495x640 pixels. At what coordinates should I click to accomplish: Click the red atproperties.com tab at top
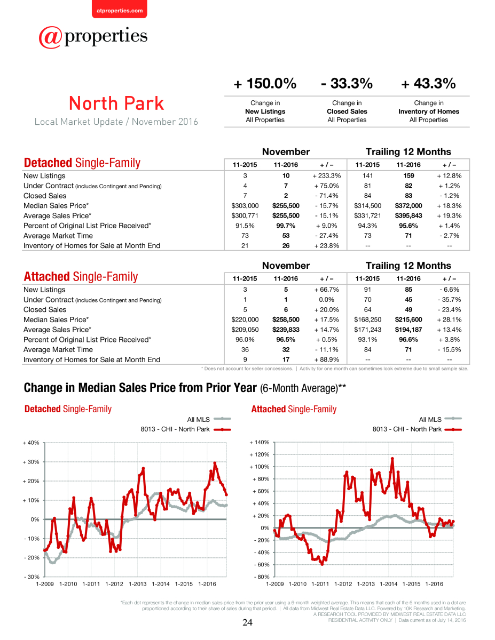[120, 10]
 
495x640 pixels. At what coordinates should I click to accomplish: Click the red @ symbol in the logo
[50, 37]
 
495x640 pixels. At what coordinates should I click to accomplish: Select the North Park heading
[116, 103]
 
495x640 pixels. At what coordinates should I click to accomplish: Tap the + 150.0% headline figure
[265, 83]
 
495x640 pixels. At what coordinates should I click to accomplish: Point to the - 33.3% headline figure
[347, 83]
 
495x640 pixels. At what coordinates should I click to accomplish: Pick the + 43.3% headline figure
[428, 83]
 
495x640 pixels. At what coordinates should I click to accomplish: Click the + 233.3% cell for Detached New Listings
[327, 176]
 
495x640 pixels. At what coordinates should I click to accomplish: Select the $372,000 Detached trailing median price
[408, 205]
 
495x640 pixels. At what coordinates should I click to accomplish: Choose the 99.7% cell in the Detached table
[286, 226]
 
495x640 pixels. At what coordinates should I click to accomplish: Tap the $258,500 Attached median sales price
[286, 319]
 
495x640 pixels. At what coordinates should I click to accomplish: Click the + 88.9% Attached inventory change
[327, 359]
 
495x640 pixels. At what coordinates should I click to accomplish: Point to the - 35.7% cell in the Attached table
[449, 300]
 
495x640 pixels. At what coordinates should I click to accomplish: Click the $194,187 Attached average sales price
[408, 330]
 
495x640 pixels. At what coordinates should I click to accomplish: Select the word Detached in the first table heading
[48, 163]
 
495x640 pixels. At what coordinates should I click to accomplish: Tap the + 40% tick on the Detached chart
[31, 443]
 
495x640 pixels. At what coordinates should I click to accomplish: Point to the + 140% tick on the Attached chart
[260, 442]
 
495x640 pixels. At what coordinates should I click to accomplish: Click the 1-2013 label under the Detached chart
[137, 584]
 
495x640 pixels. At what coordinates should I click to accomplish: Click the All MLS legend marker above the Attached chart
[453, 419]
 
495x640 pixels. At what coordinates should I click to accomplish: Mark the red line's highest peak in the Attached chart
[392, 458]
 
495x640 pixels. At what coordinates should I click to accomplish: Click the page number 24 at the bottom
[247, 622]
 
